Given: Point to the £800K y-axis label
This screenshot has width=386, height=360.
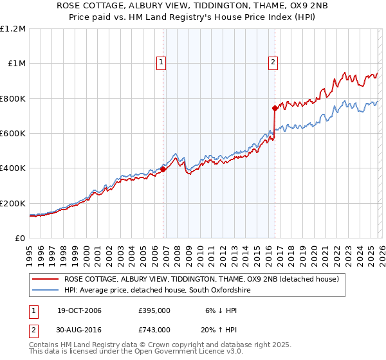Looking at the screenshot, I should [x=13, y=98].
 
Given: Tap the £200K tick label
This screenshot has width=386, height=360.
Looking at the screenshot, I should [x=13, y=203].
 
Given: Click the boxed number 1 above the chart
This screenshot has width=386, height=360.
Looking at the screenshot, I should [x=160, y=62].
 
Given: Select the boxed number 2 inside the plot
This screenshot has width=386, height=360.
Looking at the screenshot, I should [x=273, y=62].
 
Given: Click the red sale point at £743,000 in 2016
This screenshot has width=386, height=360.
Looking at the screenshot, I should [x=275, y=108].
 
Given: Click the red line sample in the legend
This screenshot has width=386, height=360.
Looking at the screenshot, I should [x=46, y=279].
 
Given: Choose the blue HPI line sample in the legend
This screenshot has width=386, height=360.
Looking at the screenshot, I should [x=46, y=291].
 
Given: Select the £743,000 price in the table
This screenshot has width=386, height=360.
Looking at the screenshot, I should [x=154, y=329].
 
